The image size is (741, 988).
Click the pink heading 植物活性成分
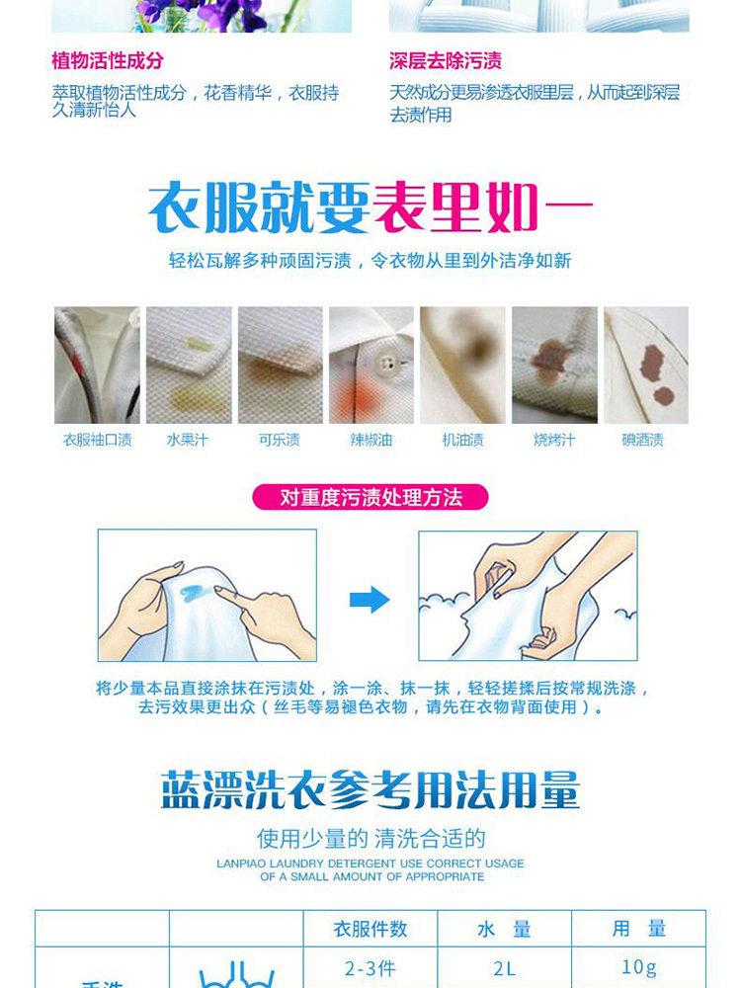pos(107,61)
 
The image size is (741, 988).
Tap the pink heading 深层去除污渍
pos(445,61)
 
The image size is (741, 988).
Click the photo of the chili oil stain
pos(371,365)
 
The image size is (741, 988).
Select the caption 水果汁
pos(187,440)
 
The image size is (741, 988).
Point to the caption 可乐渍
pos(280,440)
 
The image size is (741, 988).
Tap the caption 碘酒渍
pos(643,440)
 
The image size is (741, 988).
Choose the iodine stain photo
pos(646,365)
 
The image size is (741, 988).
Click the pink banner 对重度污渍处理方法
pos(370,497)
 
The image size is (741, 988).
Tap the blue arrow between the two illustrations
pos(370,600)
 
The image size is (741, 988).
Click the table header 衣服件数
pos(370,929)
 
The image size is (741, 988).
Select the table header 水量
pos(504,929)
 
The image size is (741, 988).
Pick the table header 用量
pos(639,929)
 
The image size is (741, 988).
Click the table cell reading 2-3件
pos(370,968)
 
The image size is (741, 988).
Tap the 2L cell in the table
pos(504,968)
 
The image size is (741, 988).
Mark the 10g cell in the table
pos(639,967)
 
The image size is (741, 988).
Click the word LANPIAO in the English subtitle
pos(238,864)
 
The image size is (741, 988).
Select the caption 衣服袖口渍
pos(97,440)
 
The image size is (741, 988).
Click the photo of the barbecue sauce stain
pos(554,365)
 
